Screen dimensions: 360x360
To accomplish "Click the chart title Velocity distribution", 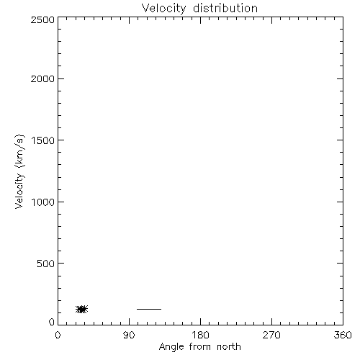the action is click(199, 9).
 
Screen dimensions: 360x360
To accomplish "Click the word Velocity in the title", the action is click(164, 9).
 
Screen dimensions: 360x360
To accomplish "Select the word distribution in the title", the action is click(225, 8).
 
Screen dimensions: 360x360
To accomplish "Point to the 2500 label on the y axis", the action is click(42, 19).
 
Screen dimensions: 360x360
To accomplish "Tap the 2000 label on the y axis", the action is click(42, 78).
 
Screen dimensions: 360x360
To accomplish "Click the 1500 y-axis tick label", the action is click(43, 140).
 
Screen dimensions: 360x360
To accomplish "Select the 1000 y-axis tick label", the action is click(43, 202).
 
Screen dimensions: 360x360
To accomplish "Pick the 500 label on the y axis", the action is click(46, 264).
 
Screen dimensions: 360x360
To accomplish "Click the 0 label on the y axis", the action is click(52, 322).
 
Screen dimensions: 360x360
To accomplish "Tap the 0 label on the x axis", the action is click(58, 335).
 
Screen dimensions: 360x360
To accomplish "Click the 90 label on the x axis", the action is click(129, 335).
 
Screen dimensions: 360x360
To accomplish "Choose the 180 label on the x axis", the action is click(200, 335).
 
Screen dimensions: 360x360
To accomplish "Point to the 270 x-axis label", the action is click(271, 335).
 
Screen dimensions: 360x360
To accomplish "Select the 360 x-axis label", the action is click(343, 335).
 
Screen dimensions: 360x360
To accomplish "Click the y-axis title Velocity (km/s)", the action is click(19, 171).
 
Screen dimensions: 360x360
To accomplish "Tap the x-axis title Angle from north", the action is click(200, 347).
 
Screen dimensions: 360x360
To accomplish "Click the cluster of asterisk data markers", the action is click(82, 309).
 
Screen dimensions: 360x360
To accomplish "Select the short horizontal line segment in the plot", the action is click(149, 309).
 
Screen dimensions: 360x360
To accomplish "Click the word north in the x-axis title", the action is click(229, 346).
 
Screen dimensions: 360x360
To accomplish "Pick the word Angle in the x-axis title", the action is click(171, 347).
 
